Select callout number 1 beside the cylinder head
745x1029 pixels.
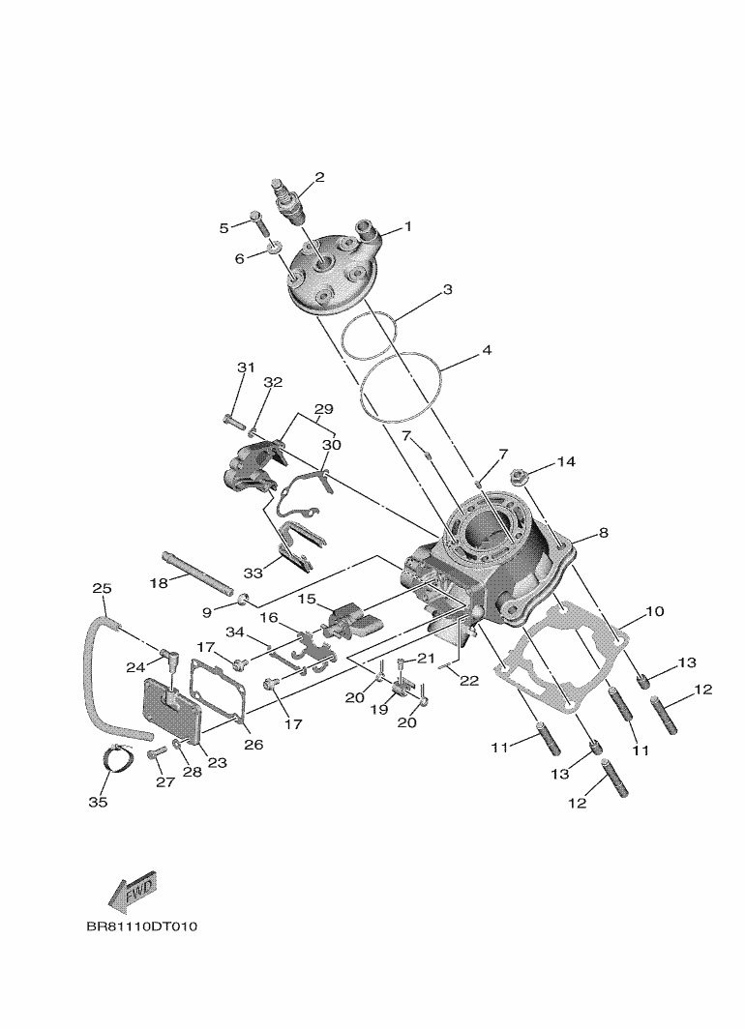point(407,226)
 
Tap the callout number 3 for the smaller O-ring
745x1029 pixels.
point(448,289)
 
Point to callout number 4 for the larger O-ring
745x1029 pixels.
point(487,350)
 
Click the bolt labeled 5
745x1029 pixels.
point(258,221)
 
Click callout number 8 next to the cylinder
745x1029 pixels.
point(603,532)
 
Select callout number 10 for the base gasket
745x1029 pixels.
point(655,611)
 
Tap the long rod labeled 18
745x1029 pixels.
point(199,573)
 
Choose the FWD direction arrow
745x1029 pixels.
point(133,896)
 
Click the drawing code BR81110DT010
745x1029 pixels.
point(141,926)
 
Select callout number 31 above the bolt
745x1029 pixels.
point(245,367)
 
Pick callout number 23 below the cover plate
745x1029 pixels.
point(217,762)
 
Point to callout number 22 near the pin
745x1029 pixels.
point(469,681)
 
